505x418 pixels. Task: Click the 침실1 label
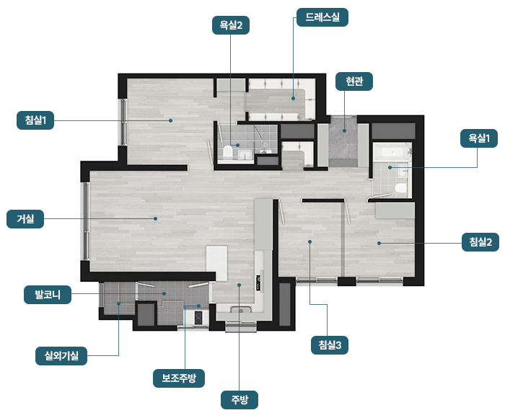(x=35, y=120)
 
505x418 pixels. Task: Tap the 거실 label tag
(x=25, y=219)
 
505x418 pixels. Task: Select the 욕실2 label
(x=231, y=25)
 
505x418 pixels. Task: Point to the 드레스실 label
(x=322, y=17)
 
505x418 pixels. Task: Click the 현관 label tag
(x=354, y=81)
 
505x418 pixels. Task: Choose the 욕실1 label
(x=479, y=138)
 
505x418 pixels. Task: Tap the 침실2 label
(x=480, y=242)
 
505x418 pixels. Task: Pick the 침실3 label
(x=330, y=345)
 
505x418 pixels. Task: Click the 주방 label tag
(x=240, y=400)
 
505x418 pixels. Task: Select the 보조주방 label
(x=179, y=378)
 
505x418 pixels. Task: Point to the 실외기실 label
(x=61, y=356)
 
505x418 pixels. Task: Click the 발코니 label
(x=48, y=295)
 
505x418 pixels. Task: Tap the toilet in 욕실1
(x=401, y=189)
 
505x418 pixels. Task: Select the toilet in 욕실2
(x=228, y=152)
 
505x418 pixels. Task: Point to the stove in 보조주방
(x=198, y=318)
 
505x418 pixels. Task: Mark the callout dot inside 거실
(x=156, y=218)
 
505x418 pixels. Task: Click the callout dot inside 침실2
(x=379, y=243)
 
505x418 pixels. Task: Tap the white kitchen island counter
(x=216, y=263)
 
